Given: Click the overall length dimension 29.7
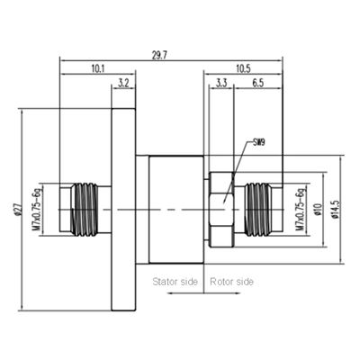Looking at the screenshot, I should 175,54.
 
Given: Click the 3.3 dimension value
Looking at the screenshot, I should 220,84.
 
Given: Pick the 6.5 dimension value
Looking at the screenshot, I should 257,84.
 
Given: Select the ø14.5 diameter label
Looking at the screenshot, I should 336,210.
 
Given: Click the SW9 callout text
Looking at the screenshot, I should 258,142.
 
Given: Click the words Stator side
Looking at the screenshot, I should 175,282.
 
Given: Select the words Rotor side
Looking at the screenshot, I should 231,282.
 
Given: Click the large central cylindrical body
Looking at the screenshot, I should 175,209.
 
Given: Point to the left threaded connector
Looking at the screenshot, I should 83,209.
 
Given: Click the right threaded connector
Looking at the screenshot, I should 261,209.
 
